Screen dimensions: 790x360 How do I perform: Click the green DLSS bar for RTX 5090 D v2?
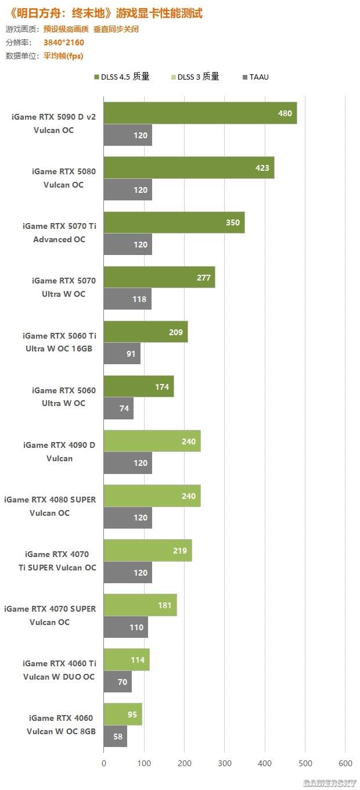point(200,113)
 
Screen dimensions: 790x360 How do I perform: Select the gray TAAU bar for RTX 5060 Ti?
point(123,354)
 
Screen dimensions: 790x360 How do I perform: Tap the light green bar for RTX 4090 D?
point(152,441)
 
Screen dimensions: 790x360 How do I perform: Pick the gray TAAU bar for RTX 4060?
point(116,737)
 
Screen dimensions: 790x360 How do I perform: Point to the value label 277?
point(203,278)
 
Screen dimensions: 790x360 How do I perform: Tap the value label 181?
point(165,605)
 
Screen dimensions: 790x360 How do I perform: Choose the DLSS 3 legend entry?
point(195,77)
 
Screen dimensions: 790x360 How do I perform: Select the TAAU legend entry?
point(255,77)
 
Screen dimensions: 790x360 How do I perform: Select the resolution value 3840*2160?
point(63,42)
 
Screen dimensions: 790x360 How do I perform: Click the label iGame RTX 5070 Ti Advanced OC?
point(59,233)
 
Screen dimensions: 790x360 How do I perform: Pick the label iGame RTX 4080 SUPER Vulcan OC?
point(50,506)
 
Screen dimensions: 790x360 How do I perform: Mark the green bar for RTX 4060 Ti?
point(127,660)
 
